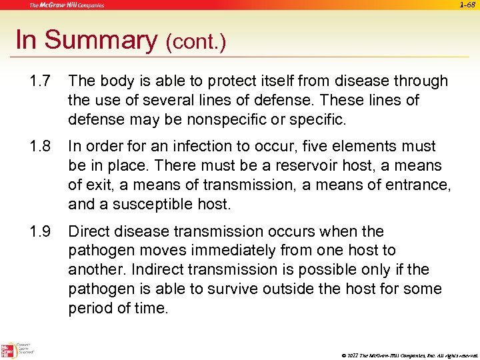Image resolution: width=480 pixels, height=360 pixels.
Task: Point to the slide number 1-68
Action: [468, 5]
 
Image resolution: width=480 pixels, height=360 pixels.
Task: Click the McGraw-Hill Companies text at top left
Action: [67, 5]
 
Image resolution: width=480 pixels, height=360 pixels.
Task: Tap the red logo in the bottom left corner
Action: [9, 350]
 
